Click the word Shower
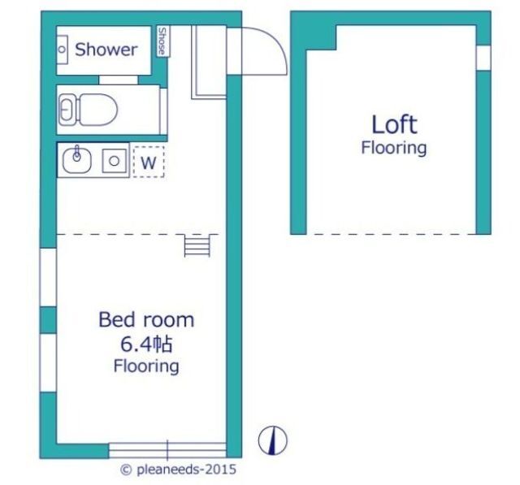click(x=106, y=50)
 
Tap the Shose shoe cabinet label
click(x=162, y=41)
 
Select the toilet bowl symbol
click(x=98, y=110)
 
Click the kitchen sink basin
click(x=77, y=161)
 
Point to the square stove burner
click(x=114, y=161)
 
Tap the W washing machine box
click(x=149, y=162)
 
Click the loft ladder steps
click(x=197, y=245)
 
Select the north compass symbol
click(x=273, y=440)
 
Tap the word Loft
click(x=394, y=124)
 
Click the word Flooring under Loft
click(x=394, y=148)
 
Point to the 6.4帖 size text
click(x=146, y=344)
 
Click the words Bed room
click(x=146, y=320)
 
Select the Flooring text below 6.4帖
click(x=146, y=366)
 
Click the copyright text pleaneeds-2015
click(x=179, y=470)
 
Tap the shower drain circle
click(x=62, y=50)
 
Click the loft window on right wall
click(x=483, y=58)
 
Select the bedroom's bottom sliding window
click(x=167, y=450)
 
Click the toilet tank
click(x=68, y=110)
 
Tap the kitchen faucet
click(x=77, y=153)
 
